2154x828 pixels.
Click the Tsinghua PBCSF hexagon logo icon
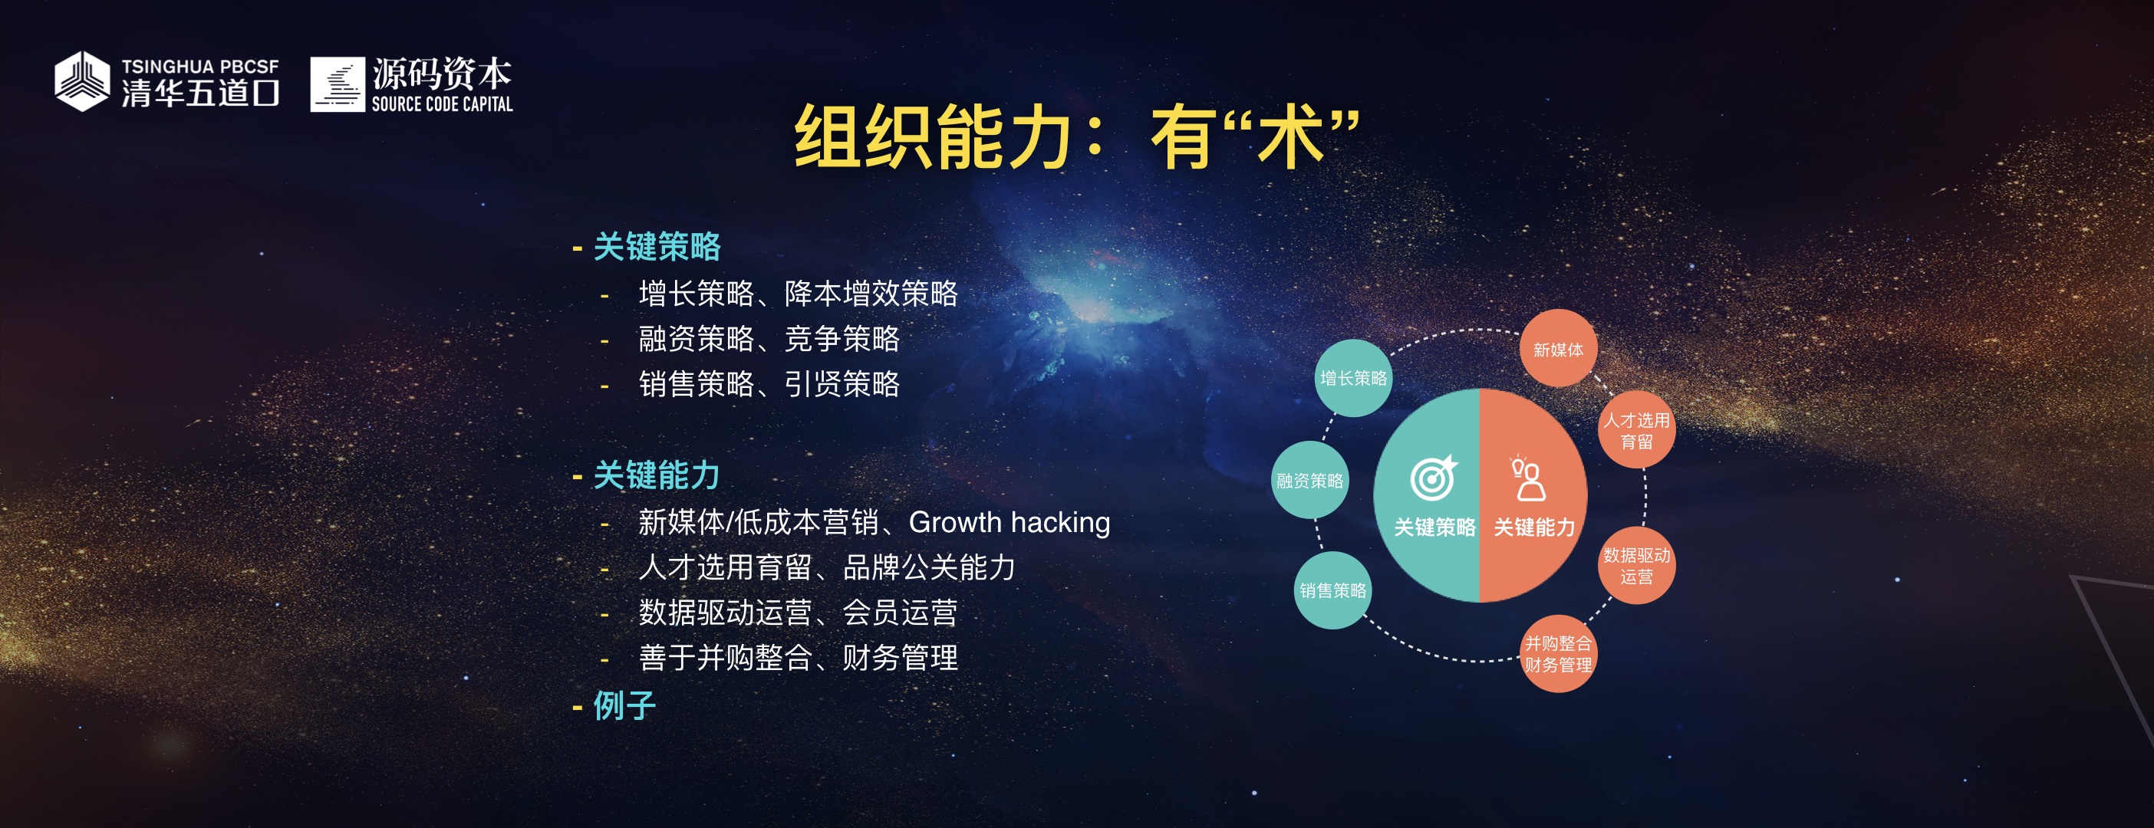[x=82, y=81]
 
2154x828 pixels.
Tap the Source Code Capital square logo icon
[x=338, y=84]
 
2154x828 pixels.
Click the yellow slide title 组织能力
[x=934, y=137]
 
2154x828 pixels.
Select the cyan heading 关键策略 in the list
[x=657, y=246]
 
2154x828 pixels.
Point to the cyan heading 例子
[x=624, y=705]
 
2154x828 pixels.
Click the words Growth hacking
[x=1009, y=522]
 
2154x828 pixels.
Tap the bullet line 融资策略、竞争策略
[x=769, y=338]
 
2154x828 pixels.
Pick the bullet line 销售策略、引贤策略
[x=769, y=384]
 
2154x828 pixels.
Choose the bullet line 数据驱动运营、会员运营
[x=799, y=613]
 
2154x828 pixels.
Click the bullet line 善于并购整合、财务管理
[x=799, y=658]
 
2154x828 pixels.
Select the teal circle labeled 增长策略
[x=1353, y=379]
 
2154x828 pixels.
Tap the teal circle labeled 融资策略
[x=1309, y=481]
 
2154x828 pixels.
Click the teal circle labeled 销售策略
[x=1333, y=590]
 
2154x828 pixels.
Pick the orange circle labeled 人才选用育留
[x=1636, y=430]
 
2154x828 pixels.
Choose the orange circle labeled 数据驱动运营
[x=1636, y=566]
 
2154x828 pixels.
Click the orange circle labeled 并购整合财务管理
[x=1558, y=654]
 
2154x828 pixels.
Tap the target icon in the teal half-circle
[x=1433, y=478]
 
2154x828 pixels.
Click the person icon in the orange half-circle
[x=1528, y=478]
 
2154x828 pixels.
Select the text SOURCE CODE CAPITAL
[x=443, y=103]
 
